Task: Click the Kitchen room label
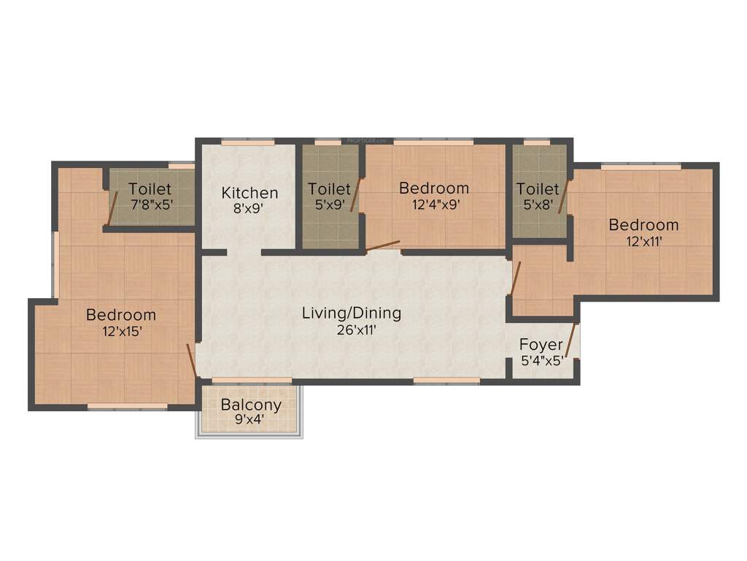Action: point(249,193)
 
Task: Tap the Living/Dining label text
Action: point(352,313)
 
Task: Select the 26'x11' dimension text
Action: point(352,329)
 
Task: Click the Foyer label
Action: point(541,344)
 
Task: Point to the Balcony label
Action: point(251,405)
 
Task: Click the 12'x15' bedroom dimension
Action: point(121,331)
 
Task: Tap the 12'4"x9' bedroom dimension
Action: point(434,204)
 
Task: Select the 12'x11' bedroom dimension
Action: point(643,240)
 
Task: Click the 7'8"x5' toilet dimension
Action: point(151,205)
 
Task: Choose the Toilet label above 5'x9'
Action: point(329,188)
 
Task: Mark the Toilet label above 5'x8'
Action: point(538,189)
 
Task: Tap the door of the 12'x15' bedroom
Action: point(191,360)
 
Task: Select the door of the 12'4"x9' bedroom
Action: point(383,246)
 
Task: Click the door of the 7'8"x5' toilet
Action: point(112,208)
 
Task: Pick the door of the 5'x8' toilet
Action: point(563,197)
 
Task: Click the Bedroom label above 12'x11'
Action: point(643,224)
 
